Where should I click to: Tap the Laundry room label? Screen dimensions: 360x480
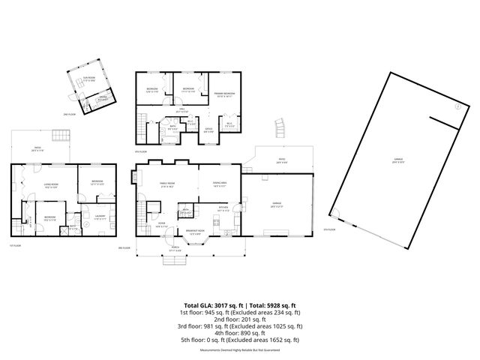coord(100,217)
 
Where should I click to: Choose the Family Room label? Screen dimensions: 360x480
coord(166,184)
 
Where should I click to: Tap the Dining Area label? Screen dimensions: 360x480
coord(219,184)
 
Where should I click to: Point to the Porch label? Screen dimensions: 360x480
coord(175,248)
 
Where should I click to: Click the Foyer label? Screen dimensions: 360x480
coord(160,221)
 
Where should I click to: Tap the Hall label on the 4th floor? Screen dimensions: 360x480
coord(181,110)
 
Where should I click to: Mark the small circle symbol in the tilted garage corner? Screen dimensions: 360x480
coord(456,108)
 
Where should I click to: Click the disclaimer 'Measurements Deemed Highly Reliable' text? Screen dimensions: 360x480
coord(240,349)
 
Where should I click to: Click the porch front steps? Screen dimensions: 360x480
coord(175,260)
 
